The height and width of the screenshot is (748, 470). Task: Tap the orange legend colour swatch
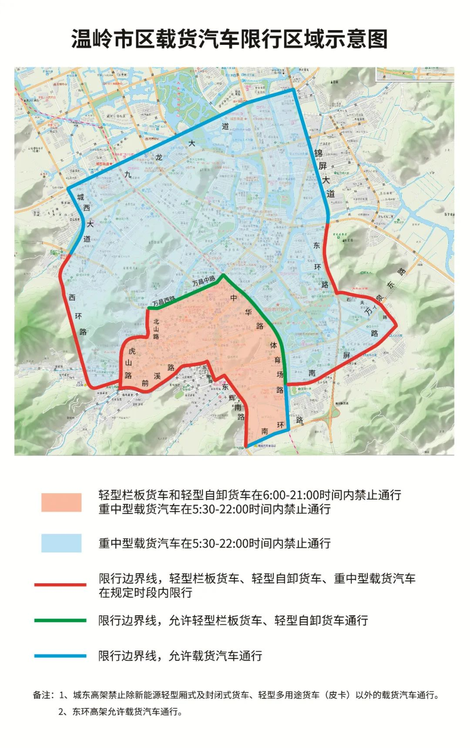coord(61,502)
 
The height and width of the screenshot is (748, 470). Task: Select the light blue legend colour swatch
coord(61,543)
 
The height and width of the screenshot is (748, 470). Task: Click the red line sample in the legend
coord(60,584)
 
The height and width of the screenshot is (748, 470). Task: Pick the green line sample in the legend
coord(60,620)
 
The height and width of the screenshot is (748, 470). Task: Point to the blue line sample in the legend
coord(60,656)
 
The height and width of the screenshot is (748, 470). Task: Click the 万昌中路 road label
coord(204,281)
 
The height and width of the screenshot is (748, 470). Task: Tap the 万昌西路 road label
coord(164,301)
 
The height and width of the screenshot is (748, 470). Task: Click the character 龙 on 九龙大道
coord(159,158)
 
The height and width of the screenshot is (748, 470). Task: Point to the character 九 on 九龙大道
coord(127,174)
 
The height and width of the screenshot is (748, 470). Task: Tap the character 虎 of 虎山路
coord(132,351)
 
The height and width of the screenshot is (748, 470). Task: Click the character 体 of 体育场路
coord(273,345)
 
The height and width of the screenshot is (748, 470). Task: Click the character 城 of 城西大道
coord(80,197)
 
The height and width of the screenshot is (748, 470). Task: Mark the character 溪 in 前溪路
coord(157,376)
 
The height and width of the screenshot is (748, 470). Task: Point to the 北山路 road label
coord(156,328)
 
